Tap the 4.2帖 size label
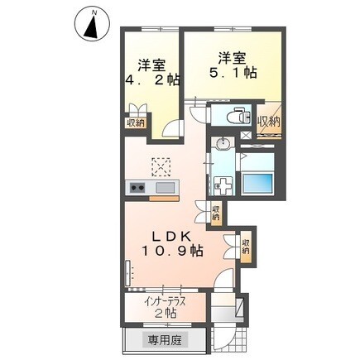(153, 80)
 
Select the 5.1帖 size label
(233, 73)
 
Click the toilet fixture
(240, 117)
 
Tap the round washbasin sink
(222, 146)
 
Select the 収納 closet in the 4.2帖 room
(136, 122)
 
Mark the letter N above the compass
(94, 12)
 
